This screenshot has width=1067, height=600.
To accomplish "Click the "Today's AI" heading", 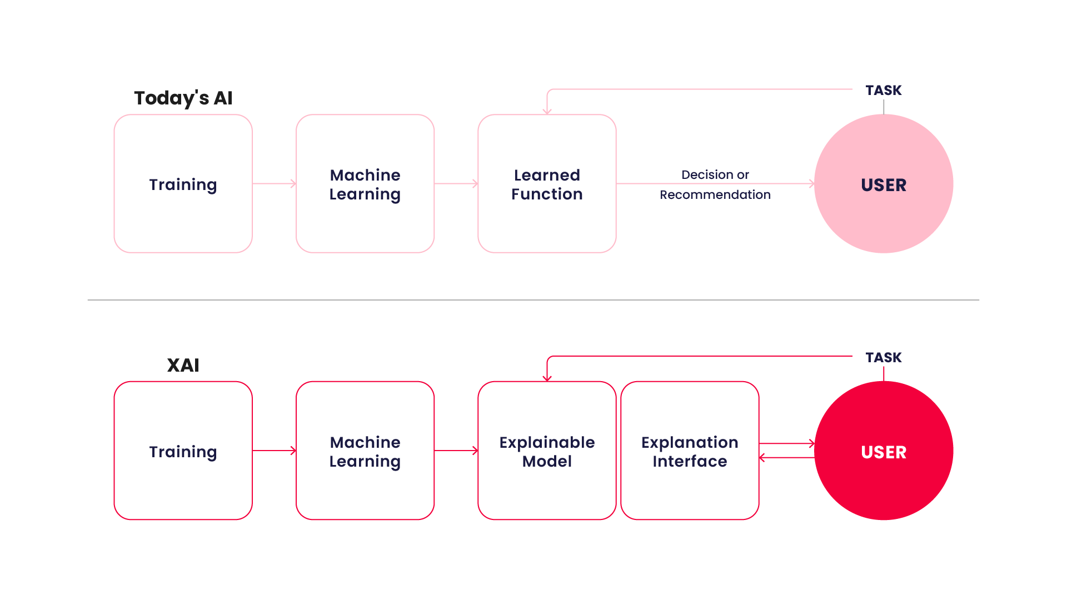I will tap(183, 98).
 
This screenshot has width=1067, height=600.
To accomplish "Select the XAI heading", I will tap(183, 365).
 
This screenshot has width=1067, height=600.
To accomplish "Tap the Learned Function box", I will tap(547, 184).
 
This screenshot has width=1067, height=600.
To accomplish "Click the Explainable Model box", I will tap(547, 451).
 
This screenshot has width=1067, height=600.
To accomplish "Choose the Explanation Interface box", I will tap(690, 451).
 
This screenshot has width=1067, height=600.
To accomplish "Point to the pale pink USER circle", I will tap(884, 184).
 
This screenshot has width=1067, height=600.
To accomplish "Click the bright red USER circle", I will tap(884, 451).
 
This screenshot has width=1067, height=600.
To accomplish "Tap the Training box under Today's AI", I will tap(183, 184).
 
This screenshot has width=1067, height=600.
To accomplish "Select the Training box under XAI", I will tap(183, 451).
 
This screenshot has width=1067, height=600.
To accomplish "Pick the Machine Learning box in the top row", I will tap(365, 184).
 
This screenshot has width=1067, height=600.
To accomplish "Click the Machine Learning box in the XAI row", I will tap(365, 451).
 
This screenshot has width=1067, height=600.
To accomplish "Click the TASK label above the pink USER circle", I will tap(884, 90).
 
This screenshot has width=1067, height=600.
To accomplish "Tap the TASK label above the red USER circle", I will tap(884, 357).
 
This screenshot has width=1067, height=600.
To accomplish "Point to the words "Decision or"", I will tap(715, 174).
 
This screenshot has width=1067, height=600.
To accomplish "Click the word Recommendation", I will tap(715, 194).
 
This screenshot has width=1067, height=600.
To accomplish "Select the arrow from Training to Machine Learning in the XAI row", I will tap(274, 451).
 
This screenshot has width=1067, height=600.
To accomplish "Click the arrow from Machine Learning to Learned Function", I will tap(456, 183).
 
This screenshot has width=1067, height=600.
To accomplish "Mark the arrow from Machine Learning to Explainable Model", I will tap(456, 451).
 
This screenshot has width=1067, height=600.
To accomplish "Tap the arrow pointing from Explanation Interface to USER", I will tap(786, 443).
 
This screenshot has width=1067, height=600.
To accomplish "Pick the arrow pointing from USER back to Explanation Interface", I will tap(786, 458).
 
